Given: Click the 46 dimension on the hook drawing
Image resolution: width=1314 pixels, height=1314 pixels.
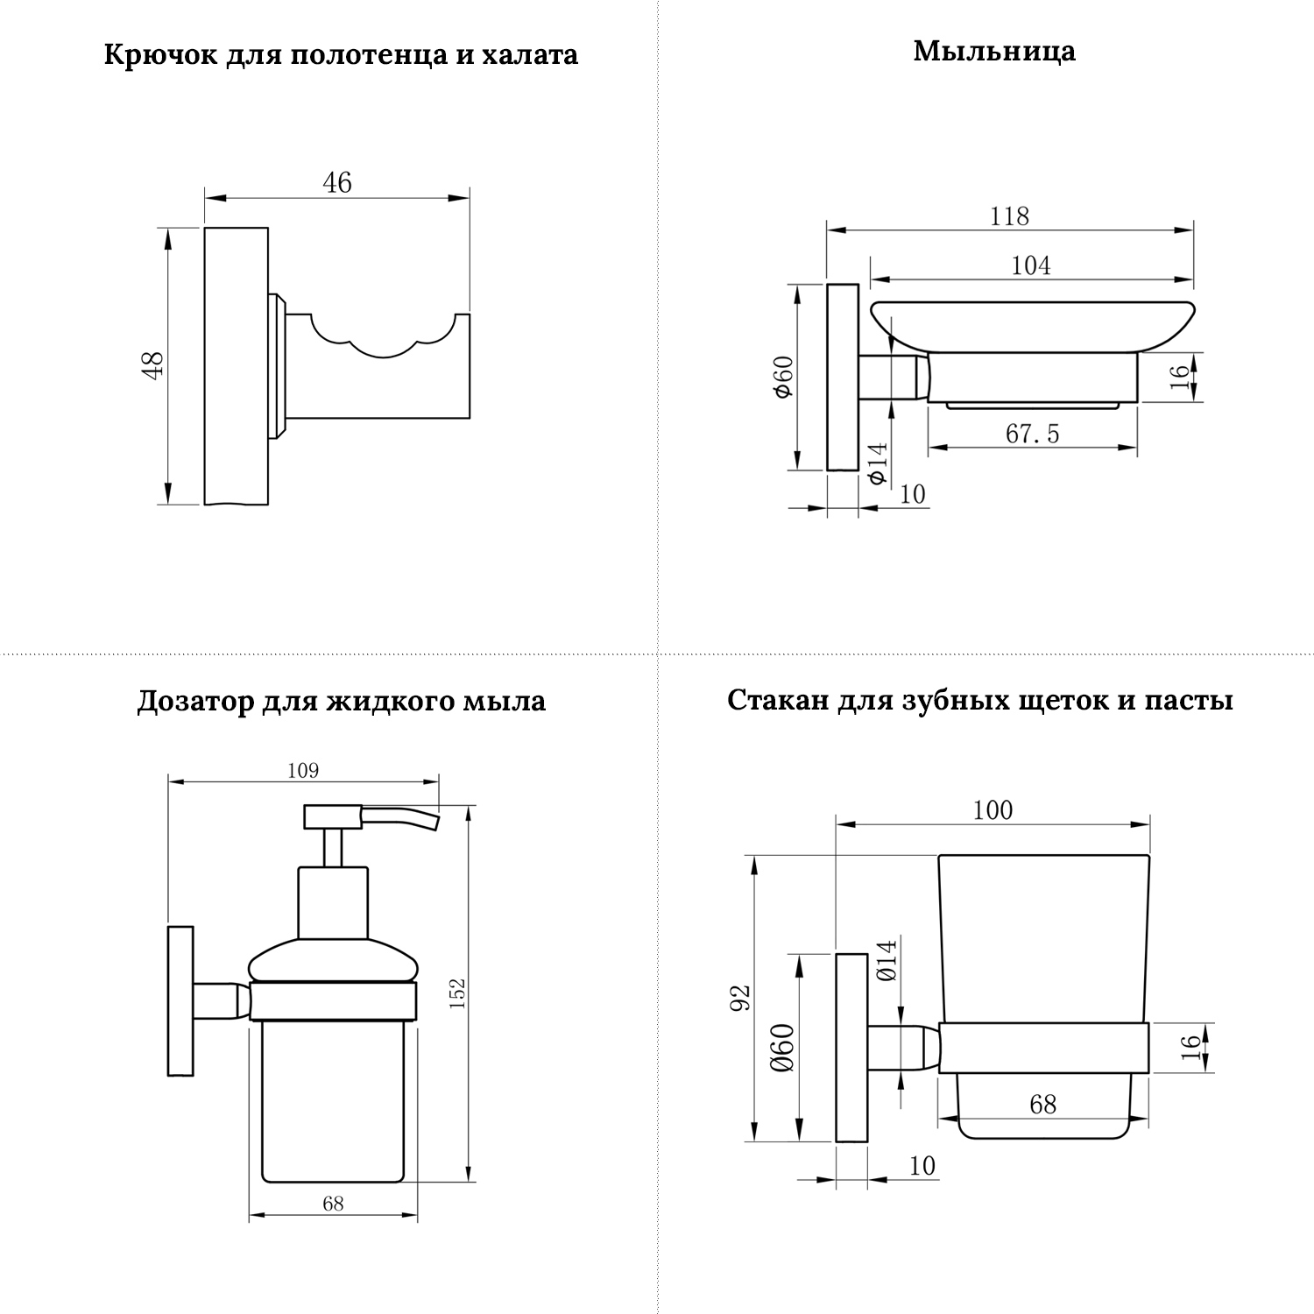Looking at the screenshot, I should pos(337,182).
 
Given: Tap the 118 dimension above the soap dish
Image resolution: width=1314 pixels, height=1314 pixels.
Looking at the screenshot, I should pos(1009,215).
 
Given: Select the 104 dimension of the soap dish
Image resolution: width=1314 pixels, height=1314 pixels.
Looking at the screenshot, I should pos(1031,265).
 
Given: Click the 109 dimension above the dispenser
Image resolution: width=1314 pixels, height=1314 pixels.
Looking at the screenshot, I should pos(303,771).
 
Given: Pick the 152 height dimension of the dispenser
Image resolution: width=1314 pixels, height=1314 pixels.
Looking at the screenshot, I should pos(457,993).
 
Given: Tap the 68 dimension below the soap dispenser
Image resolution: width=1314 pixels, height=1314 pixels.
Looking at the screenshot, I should pos(333,1204).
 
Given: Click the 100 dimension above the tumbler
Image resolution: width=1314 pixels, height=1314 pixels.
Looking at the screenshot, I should pos(993,809).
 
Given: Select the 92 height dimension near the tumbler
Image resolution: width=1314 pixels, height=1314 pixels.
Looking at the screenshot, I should pos(741,997).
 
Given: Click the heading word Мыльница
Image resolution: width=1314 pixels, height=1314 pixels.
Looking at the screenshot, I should pos(994,51).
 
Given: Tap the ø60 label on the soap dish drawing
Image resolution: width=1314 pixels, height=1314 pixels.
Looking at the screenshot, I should pos(782,377).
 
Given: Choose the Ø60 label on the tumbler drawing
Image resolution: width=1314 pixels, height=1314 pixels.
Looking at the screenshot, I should pos(782,1048).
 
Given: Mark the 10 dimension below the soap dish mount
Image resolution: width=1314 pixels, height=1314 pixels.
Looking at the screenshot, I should pos(912,494).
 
